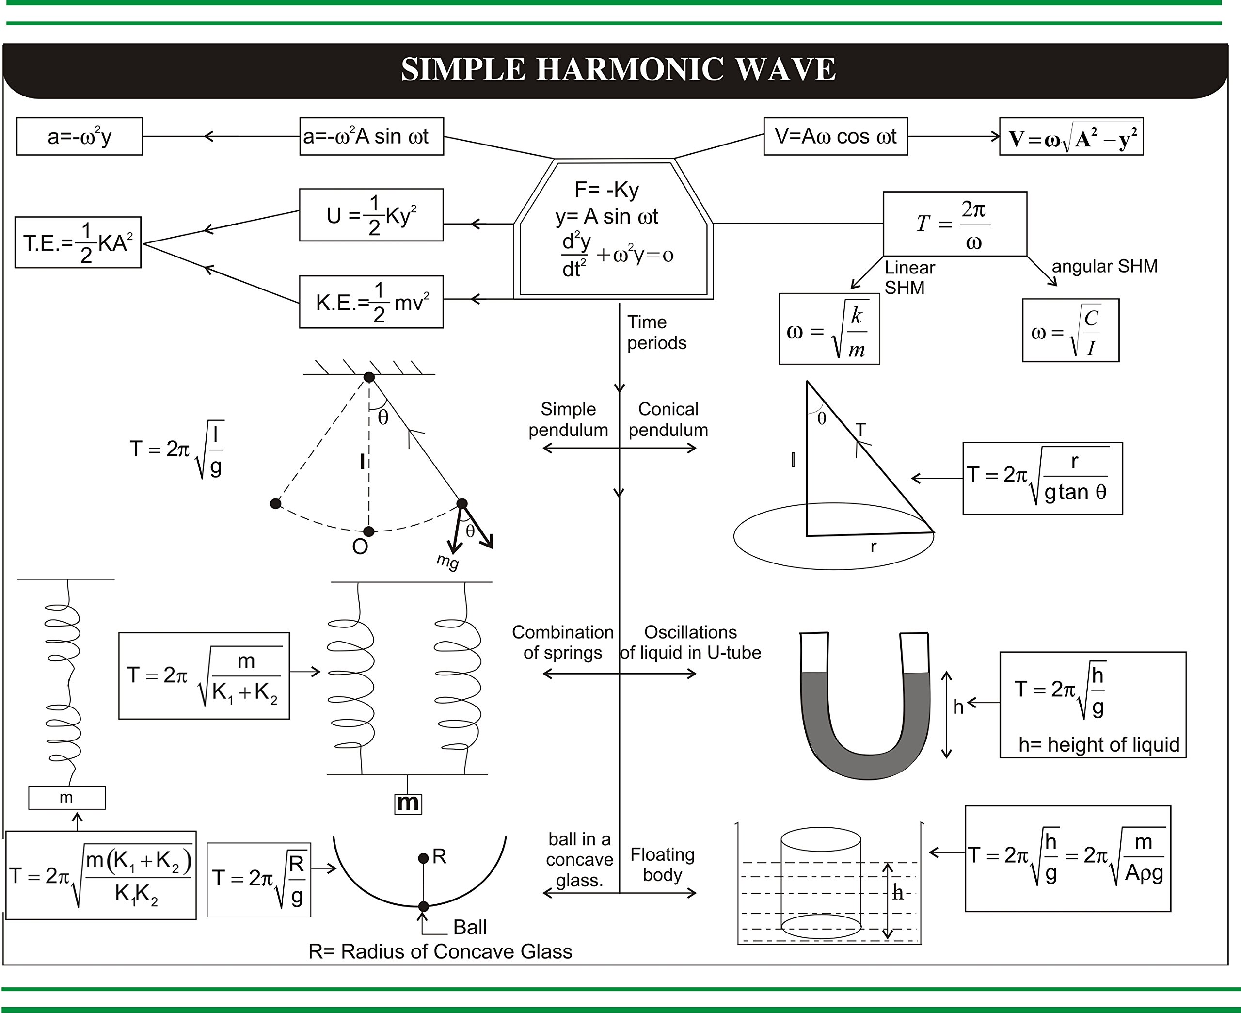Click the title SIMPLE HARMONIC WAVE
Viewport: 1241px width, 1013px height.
618,69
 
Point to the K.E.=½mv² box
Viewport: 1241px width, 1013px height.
371,302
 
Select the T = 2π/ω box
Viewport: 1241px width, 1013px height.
954,224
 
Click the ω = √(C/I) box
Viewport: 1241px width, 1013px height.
1070,330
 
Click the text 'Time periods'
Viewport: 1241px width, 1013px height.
656,332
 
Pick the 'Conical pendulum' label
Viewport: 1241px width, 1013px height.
668,419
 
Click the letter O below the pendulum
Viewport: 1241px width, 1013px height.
360,547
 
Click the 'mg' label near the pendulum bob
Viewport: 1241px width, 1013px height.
447,562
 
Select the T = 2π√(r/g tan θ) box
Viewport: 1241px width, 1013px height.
1042,478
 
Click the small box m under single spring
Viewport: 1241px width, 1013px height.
66,797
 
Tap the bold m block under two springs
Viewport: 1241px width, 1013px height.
408,804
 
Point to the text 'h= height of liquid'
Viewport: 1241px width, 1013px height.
1098,744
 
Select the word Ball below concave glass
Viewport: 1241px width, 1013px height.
469,927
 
